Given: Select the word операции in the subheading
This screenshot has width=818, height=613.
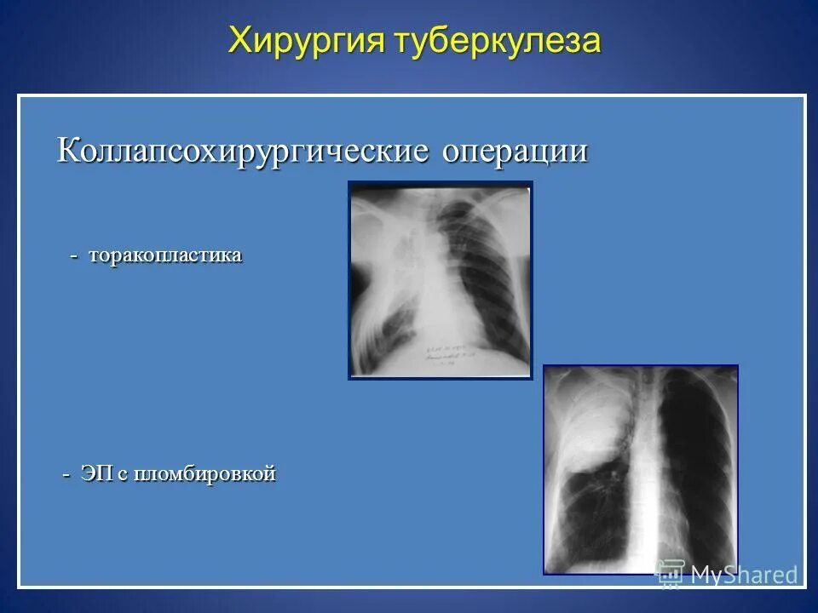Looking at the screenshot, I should click(x=516, y=152).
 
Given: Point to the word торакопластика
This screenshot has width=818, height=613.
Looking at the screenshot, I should click(x=165, y=255).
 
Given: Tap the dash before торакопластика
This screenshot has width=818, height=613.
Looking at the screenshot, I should click(x=74, y=256).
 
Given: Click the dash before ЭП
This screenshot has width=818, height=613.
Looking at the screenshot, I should click(x=67, y=475).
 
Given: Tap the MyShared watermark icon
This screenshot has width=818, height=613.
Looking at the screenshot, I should click(x=671, y=573).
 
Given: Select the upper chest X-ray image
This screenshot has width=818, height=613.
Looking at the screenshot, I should click(x=440, y=280).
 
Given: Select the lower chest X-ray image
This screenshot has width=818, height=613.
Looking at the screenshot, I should click(x=641, y=470).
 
